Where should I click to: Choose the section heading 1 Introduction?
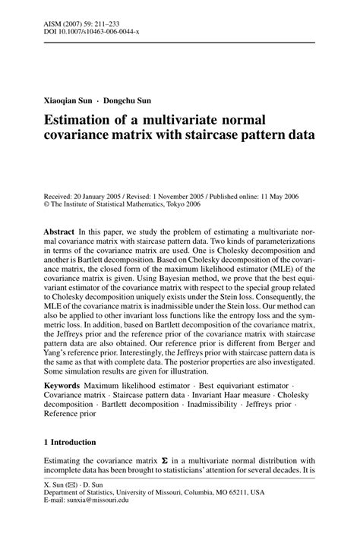[x=69, y=442]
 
